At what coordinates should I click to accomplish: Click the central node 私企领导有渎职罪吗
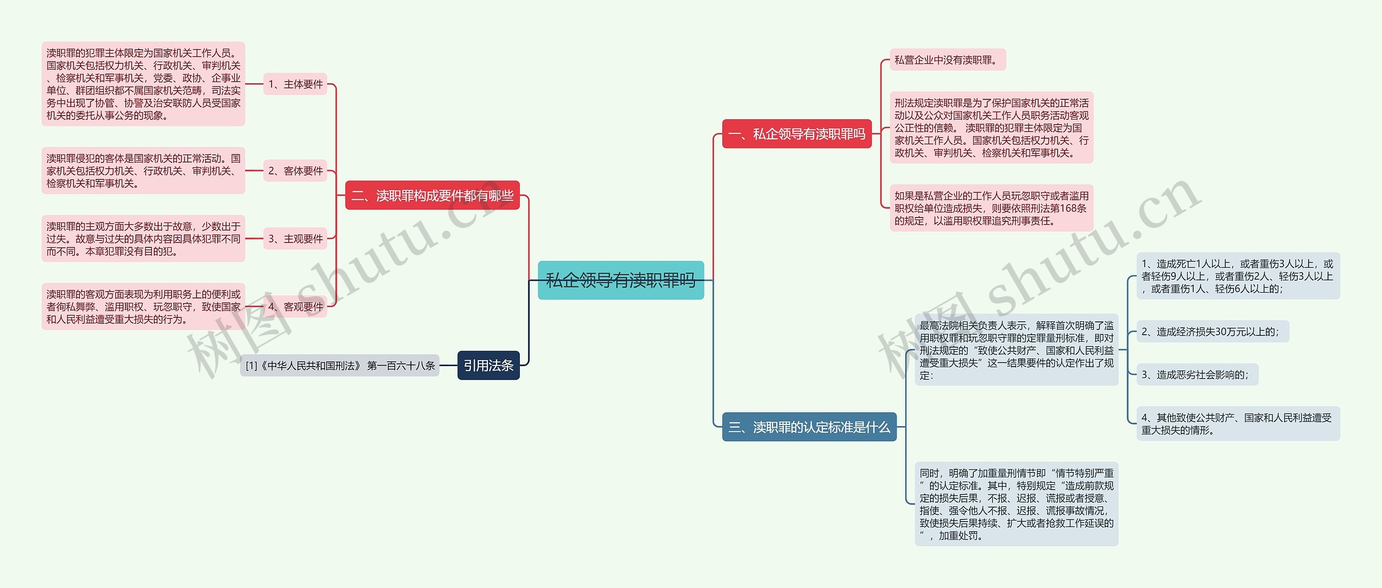[x=621, y=280]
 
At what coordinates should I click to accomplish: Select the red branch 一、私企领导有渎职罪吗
[x=797, y=134]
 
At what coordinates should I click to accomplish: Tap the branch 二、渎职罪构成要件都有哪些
[x=432, y=195]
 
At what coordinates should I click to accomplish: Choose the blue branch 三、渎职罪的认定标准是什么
[x=809, y=427]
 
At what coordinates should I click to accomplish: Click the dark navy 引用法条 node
[x=488, y=366]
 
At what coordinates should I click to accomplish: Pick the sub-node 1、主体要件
[x=295, y=84]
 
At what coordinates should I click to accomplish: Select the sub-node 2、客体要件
[x=295, y=171]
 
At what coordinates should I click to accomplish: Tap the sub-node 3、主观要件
[x=295, y=239]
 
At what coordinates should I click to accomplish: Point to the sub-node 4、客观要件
[x=295, y=307]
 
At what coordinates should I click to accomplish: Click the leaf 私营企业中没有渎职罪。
[x=947, y=60]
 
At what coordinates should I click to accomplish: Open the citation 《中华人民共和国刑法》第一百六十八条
[x=340, y=366]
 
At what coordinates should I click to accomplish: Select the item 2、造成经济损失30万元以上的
[x=1212, y=332]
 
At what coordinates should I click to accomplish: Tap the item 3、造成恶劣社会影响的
[x=1197, y=375]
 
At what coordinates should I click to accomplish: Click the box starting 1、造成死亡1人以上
[x=1238, y=276]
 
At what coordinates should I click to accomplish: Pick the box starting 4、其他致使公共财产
[x=1238, y=424]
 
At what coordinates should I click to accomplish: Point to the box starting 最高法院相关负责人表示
[x=1017, y=350]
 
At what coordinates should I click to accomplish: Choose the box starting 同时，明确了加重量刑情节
[x=1017, y=504]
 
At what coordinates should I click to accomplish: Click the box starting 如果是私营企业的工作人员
[x=991, y=208]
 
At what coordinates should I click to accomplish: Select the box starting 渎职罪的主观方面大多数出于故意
[x=143, y=239]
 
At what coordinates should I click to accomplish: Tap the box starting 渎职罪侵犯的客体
[x=143, y=171]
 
